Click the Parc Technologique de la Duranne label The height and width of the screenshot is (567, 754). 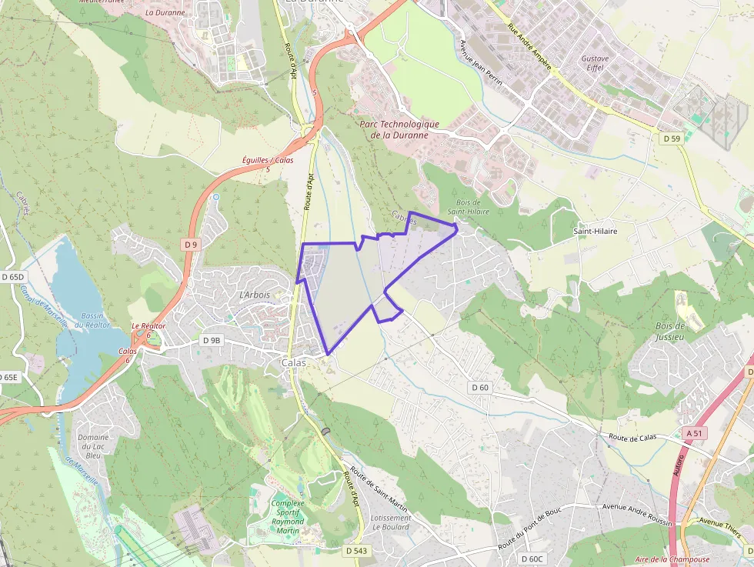coord(399,129)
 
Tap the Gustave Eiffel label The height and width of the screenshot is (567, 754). coord(595,63)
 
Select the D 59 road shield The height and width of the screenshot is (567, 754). coord(671,138)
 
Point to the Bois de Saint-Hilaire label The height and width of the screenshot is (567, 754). coord(469,206)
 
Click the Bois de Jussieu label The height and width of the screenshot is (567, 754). coord(669,331)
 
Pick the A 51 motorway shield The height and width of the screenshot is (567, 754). coord(693,433)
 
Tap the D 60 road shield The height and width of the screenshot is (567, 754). coord(480,387)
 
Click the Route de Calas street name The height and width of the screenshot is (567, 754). coord(632,437)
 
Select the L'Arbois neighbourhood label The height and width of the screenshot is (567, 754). coord(255,295)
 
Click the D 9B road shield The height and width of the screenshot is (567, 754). coord(211,340)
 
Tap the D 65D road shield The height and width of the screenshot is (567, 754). coord(13,276)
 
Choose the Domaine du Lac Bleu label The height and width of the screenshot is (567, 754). coord(93,446)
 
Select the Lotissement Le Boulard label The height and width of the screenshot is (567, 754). coord(390,523)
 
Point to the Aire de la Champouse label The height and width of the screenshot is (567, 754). coord(672,559)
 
